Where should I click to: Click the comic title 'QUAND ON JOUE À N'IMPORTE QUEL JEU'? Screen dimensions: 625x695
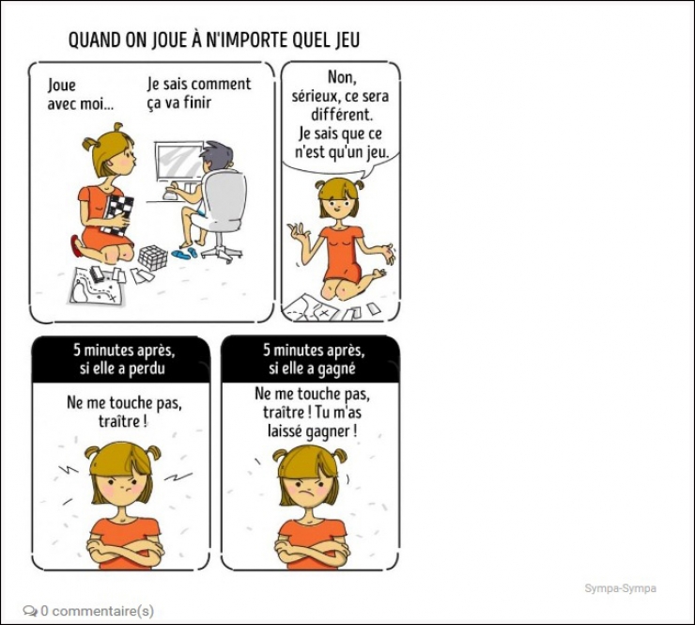[214, 40]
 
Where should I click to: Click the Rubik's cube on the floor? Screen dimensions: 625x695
[153, 257]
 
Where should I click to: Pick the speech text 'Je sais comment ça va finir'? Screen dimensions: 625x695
[199, 93]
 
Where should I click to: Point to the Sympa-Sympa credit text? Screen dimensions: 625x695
[620, 588]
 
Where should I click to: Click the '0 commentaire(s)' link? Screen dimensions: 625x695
[97, 611]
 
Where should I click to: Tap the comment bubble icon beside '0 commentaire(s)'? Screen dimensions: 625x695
[30, 611]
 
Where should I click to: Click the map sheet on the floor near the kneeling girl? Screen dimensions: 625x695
[97, 285]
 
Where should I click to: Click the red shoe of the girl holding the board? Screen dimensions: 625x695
[76, 246]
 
